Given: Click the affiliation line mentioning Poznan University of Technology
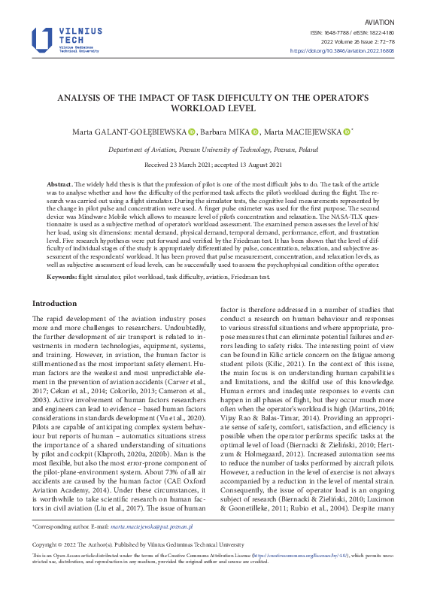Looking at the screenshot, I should point(218,150).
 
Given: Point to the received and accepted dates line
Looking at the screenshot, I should point(218,164).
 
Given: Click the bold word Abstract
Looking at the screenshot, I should point(59,184).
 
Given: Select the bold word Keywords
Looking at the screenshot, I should point(62,277).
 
